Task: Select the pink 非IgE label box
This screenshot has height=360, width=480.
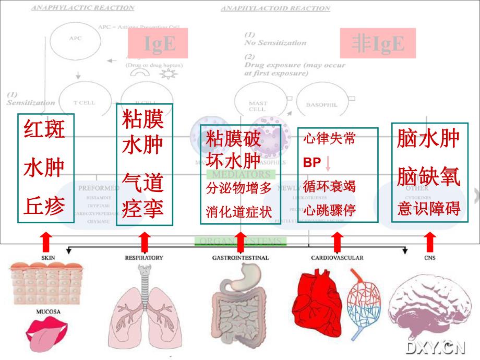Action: [378, 44]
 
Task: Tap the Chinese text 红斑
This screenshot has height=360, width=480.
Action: [45, 129]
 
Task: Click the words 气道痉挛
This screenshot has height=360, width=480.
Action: [143, 196]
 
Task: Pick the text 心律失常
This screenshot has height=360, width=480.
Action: [329, 139]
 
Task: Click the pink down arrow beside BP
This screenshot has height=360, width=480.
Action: [328, 163]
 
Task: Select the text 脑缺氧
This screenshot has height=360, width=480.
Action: [428, 177]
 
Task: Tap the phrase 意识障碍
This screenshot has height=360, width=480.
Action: [428, 209]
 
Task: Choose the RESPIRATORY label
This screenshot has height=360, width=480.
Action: [144, 258]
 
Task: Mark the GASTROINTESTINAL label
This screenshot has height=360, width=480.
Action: [241, 258]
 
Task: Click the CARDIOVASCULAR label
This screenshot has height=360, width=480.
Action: [337, 258]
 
